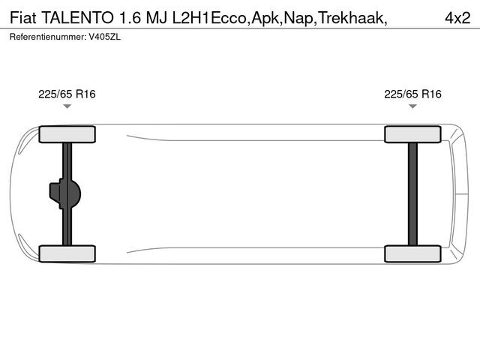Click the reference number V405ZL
click(104, 36)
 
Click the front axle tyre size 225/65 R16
click(67, 94)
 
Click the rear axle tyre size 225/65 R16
click(412, 94)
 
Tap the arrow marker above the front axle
click(67, 107)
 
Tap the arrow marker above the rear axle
click(412, 107)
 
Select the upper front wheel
click(67, 134)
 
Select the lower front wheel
click(67, 253)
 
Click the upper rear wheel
click(412, 134)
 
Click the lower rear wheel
click(412, 253)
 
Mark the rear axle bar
click(412, 193)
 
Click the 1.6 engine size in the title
click(128, 16)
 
